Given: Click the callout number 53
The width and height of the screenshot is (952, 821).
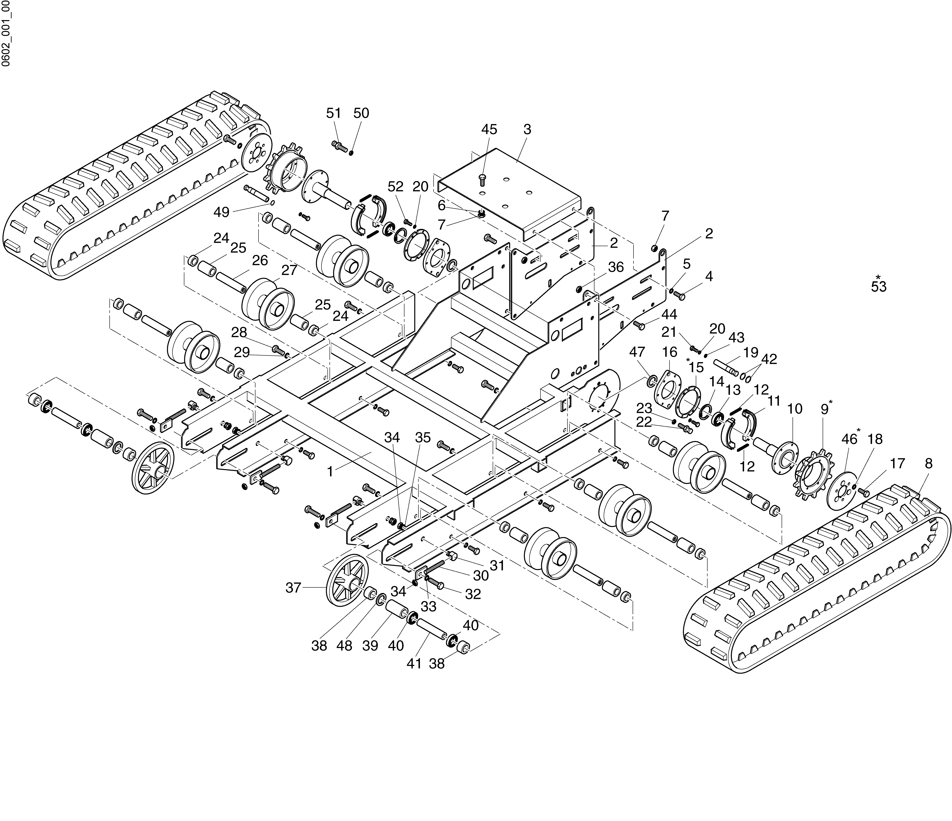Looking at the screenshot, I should coord(878,287).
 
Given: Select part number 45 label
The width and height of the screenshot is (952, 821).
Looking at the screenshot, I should coord(489,130).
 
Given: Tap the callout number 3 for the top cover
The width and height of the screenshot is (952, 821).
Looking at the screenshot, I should coord(527,130).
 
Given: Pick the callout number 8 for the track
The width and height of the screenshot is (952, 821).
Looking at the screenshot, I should coord(929,464).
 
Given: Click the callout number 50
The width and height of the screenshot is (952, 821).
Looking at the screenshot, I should coord(362,113).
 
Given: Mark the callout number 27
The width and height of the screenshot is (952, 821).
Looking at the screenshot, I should coord(289,270).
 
